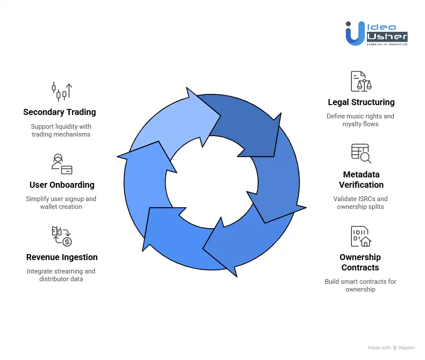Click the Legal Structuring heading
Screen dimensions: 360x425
tap(361, 102)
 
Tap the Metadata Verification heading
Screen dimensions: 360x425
tap(361, 180)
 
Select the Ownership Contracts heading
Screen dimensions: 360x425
tap(360, 262)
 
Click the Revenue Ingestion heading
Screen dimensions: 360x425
tap(62, 258)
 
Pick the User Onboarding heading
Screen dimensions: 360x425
tap(62, 185)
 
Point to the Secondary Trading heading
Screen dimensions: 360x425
tap(59, 112)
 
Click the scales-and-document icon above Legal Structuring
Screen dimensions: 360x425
tap(361, 81)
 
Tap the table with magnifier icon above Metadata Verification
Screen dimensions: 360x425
tap(361, 154)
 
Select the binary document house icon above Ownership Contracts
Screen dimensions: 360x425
tap(361, 236)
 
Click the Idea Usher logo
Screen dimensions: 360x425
tap(376, 33)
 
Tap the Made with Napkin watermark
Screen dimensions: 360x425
tap(391, 348)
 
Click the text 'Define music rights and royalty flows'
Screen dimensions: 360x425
tap(360, 120)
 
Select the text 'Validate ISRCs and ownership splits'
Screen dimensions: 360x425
tap(360, 203)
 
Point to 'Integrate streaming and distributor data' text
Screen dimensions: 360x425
tap(61, 275)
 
